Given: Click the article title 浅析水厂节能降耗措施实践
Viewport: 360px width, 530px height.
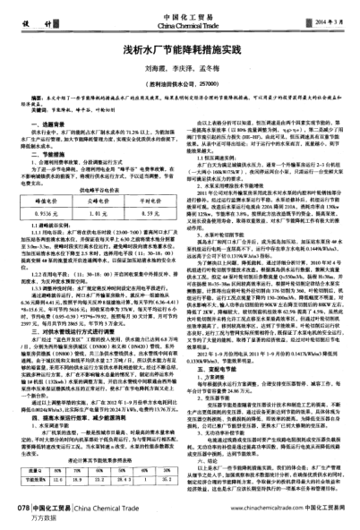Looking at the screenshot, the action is (x=180, y=54).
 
